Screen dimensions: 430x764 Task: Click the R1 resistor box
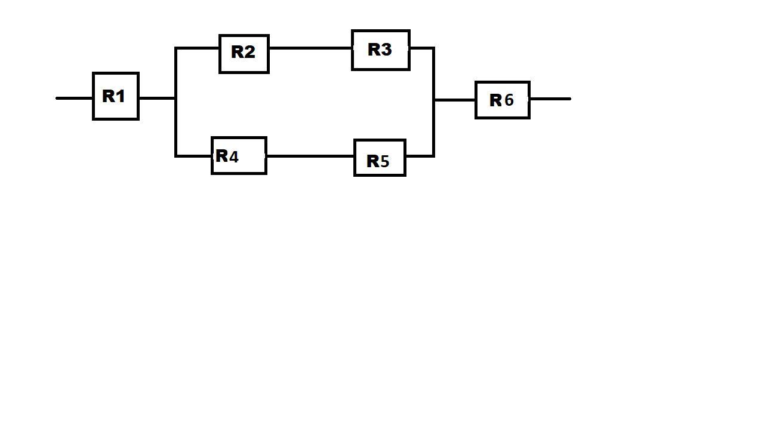(x=116, y=96)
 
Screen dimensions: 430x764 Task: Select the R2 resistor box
(x=244, y=54)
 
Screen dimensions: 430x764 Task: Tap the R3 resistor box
(x=380, y=50)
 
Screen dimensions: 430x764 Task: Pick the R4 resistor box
(x=239, y=156)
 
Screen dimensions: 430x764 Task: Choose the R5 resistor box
(x=380, y=158)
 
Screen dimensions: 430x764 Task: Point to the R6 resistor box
(x=502, y=100)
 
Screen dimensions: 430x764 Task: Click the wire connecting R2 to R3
(x=310, y=48)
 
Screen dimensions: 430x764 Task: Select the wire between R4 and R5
(x=310, y=156)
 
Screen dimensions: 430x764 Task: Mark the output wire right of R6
(x=550, y=99)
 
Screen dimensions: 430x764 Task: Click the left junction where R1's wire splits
(x=175, y=97)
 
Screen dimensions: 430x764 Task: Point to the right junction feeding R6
(x=434, y=100)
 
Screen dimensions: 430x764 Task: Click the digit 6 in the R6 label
(x=509, y=100)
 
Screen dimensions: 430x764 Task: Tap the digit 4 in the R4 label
(x=233, y=156)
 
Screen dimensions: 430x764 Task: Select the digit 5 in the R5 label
(x=384, y=161)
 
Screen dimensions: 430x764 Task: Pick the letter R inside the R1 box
(x=109, y=96)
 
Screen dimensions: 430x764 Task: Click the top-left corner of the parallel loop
(x=175, y=48)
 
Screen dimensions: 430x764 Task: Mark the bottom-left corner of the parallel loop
(x=175, y=156)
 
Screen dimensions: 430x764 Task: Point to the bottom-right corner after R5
(x=433, y=156)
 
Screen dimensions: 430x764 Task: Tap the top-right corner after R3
(x=433, y=48)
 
